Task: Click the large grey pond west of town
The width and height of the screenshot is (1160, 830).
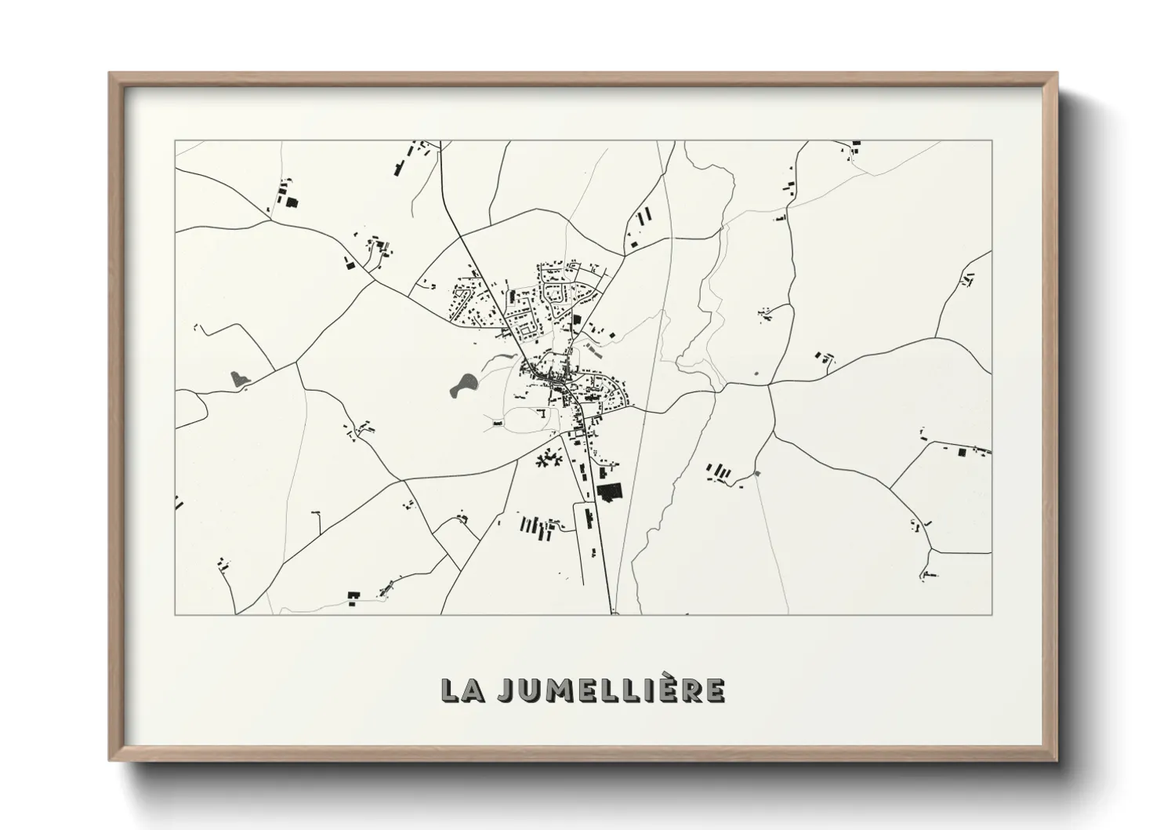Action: [x=462, y=384]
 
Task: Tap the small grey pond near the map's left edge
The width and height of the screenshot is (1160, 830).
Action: [x=240, y=380]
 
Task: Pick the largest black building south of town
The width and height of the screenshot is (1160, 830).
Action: [x=609, y=492]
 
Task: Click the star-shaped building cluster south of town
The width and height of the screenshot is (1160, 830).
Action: [x=549, y=459]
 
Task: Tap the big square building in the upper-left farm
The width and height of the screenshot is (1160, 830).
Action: [x=292, y=202]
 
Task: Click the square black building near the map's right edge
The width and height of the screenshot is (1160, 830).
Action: [x=962, y=452]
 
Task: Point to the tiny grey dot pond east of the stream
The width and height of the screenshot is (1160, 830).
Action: [x=756, y=373]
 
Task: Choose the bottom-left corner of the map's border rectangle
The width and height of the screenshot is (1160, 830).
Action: [x=176, y=614]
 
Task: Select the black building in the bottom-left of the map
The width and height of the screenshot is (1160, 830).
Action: [x=353, y=597]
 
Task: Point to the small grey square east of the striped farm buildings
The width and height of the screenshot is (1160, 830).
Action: [x=756, y=473]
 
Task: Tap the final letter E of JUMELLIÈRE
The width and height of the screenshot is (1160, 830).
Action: [x=714, y=690]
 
